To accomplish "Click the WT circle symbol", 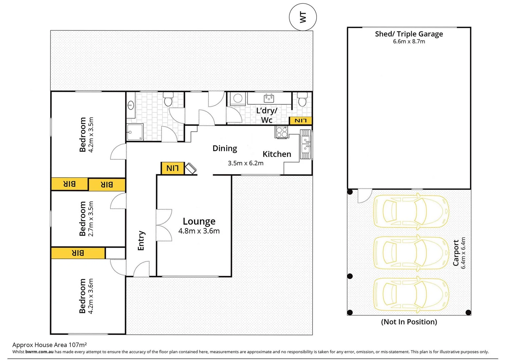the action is tap(303, 17).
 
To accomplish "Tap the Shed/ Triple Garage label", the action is tap(409, 34).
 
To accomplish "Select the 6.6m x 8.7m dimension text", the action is tap(409, 42).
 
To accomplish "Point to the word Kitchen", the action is tap(277, 154).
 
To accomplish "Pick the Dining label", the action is tap(225, 149).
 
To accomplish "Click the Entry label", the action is tap(141, 241).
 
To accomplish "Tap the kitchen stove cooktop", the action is tap(282, 132).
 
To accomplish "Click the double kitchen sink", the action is tap(306, 144).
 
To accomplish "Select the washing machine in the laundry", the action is tap(238, 99).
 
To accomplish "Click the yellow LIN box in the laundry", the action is tap(301, 121).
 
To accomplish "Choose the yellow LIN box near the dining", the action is tap(172, 168).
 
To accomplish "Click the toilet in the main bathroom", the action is tap(168, 99).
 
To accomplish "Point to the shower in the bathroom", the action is tap(135, 132).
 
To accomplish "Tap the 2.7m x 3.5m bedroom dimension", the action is tap(91, 219).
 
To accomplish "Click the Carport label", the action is tap(456, 253).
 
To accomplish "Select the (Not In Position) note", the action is tap(409, 322).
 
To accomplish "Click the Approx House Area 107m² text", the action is tap(50, 345).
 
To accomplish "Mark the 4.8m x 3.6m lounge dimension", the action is tap(199, 231).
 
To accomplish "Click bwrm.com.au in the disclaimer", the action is tap(39, 352).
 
